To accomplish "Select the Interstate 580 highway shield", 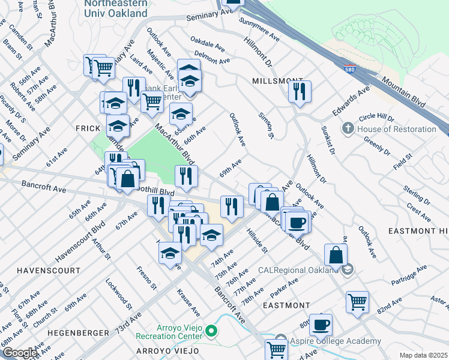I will [x=349, y=70].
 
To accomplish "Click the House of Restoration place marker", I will [x=347, y=129].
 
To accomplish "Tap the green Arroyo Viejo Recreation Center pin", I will [x=211, y=331].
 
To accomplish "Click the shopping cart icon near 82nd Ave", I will [x=358, y=302].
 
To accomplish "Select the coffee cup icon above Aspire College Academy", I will [x=321, y=325].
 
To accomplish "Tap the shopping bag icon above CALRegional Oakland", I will [x=336, y=255].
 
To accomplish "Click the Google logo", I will [x=19, y=353].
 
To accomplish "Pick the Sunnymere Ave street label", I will [x=259, y=28].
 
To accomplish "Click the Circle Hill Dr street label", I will [x=376, y=116].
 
